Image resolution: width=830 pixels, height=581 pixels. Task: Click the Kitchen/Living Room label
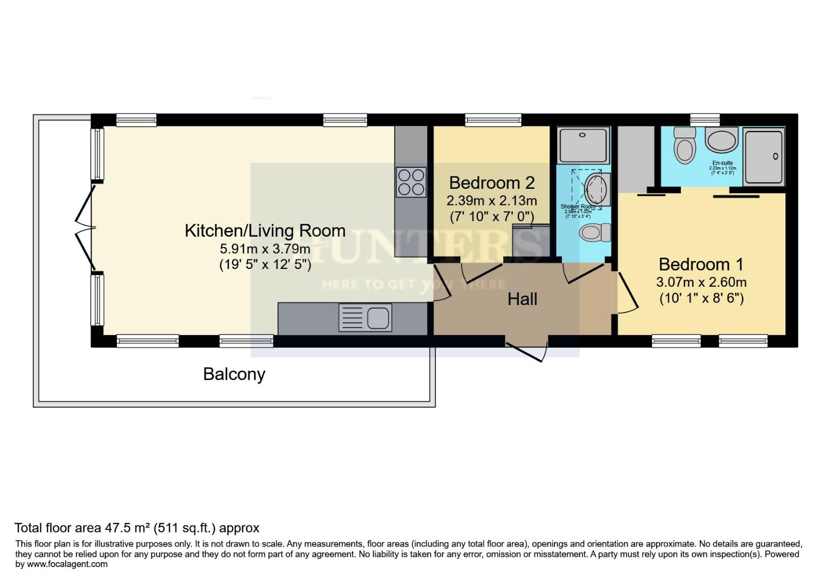click(265, 230)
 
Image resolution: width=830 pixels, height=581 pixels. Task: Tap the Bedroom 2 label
click(491, 183)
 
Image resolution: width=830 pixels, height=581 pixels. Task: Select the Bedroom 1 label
click(701, 264)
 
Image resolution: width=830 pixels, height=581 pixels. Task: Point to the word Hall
click(522, 299)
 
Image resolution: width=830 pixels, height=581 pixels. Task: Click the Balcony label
click(234, 374)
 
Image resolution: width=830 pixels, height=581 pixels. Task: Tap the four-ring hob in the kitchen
click(411, 182)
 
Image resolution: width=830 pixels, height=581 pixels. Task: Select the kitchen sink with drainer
click(364, 317)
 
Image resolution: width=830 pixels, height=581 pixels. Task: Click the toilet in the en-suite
click(685, 146)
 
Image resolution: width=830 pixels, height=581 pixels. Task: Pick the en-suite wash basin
click(722, 141)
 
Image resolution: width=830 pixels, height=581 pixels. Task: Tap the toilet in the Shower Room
click(594, 233)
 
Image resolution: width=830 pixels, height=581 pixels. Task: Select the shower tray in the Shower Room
click(583, 145)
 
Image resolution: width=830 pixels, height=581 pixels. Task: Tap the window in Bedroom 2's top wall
click(493, 120)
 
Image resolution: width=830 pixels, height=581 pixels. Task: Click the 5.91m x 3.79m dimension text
click(265, 249)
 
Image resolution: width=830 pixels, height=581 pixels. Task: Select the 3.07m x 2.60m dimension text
click(701, 282)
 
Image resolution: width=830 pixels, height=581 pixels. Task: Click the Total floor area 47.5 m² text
click(137, 528)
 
